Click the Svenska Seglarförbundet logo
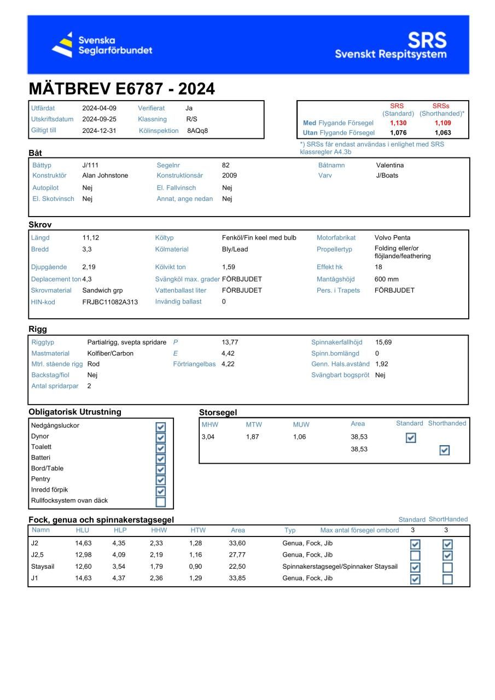pyautogui.click(x=102, y=45)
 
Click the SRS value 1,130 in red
pyautogui.click(x=398, y=123)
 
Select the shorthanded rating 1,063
pyautogui.click(x=443, y=133)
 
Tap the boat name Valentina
pyautogui.click(x=390, y=165)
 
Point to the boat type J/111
pyautogui.click(x=91, y=165)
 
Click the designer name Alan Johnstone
pyautogui.click(x=105, y=176)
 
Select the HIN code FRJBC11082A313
pyautogui.click(x=110, y=302)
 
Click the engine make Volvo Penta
pyautogui.click(x=392, y=238)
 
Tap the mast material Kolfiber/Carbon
pyautogui.click(x=110, y=353)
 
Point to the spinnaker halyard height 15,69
pyautogui.click(x=383, y=342)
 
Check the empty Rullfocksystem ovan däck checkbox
pyautogui.click(x=160, y=501)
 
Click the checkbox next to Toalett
pyautogui.click(x=160, y=448)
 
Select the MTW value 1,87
pyautogui.click(x=252, y=437)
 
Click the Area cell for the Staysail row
pyautogui.click(x=237, y=567)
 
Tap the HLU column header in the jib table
pyautogui.click(x=82, y=530)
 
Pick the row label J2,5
pyautogui.click(x=37, y=555)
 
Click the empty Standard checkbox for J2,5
pyautogui.click(x=415, y=556)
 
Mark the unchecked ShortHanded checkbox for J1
pyautogui.click(x=447, y=579)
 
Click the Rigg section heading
pyautogui.click(x=38, y=329)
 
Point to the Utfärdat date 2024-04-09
pyautogui.click(x=99, y=108)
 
